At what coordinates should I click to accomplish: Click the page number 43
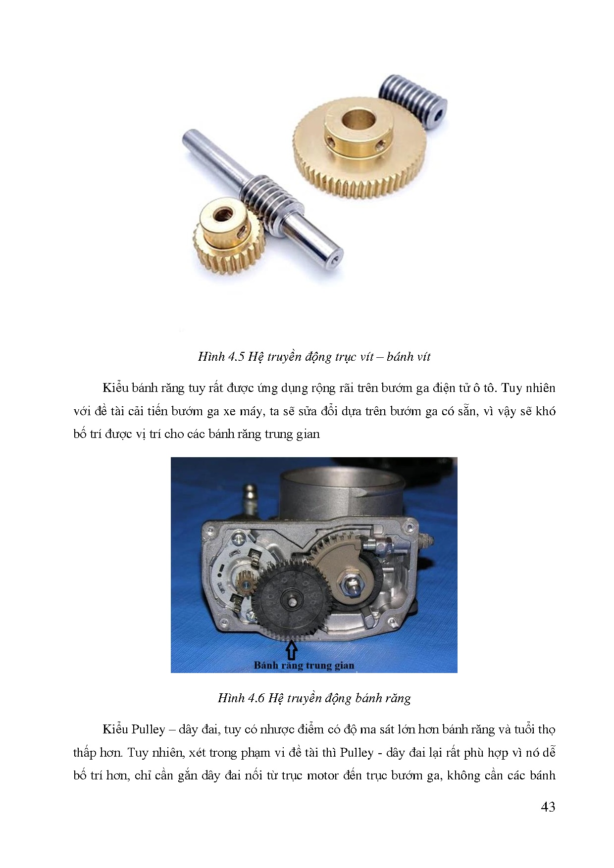(548, 807)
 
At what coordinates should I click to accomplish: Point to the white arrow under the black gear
(292, 650)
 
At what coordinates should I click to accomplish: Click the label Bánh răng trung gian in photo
(304, 666)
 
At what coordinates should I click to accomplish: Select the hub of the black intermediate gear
(292, 601)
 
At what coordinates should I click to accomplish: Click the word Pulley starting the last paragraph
(148, 730)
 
